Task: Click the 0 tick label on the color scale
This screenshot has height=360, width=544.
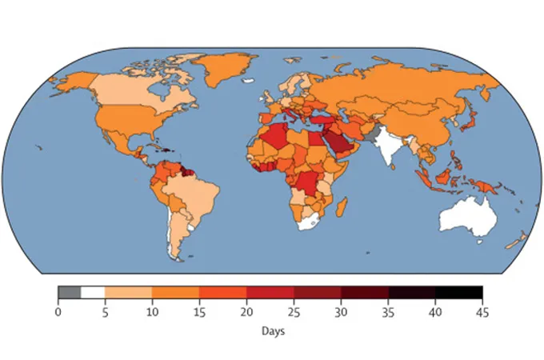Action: coord(58,311)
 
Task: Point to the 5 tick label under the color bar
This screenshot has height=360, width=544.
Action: coord(105,311)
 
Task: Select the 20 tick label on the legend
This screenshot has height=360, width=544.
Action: coord(246,311)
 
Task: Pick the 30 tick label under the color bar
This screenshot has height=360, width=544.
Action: coord(341,311)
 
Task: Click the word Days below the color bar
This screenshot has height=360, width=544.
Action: coord(270,330)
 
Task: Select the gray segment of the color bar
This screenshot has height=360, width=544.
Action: coord(69,292)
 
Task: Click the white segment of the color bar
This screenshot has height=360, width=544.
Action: coord(93,292)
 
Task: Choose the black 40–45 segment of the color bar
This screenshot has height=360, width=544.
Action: coord(459,292)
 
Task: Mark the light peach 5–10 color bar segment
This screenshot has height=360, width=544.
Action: coord(128,292)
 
